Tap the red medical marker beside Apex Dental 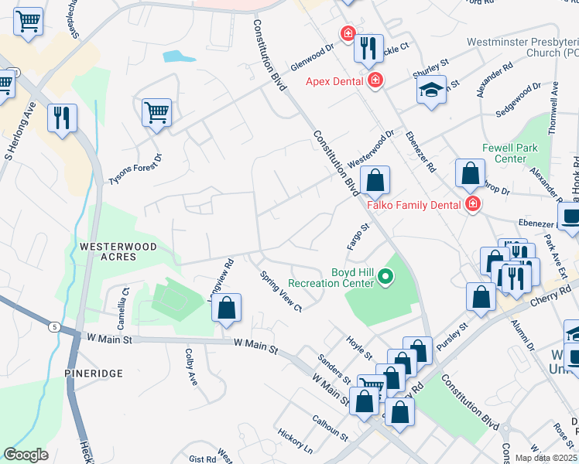click(375, 80)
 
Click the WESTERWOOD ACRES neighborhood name click(118, 252)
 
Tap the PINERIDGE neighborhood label click(94, 374)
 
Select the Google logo click(26, 454)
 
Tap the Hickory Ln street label click(296, 441)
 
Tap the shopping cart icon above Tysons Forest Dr click(156, 113)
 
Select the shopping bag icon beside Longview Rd click(225, 309)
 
